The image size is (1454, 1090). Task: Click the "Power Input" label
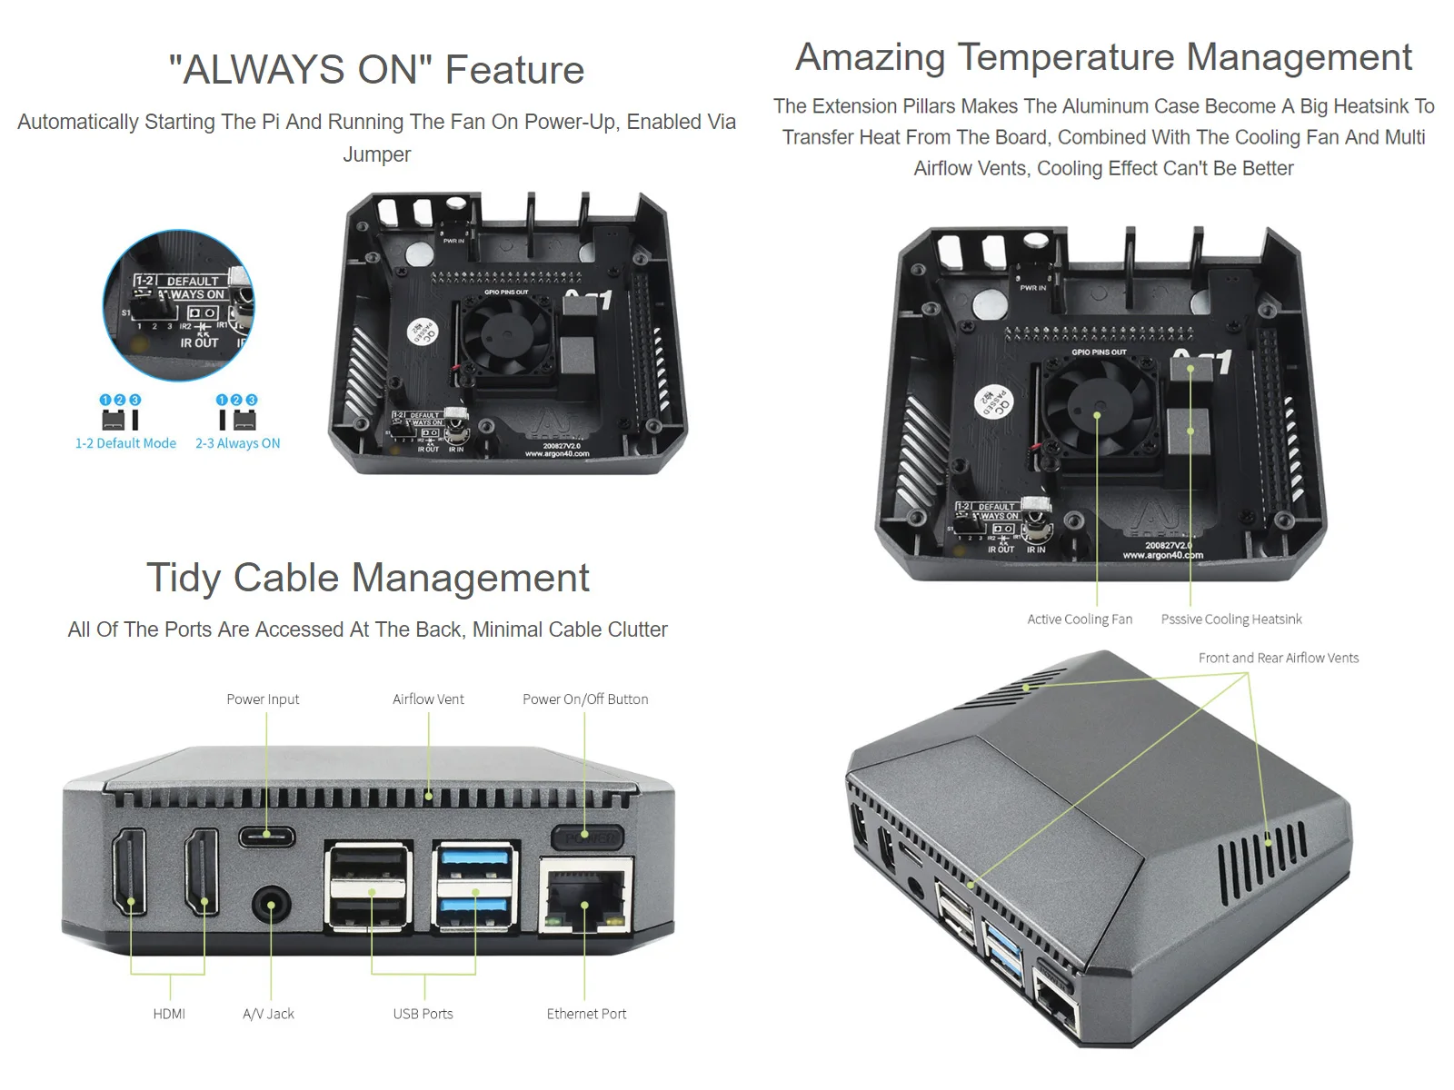[x=263, y=699]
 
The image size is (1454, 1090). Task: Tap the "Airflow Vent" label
[x=428, y=699]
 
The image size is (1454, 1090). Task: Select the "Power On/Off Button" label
[x=585, y=699]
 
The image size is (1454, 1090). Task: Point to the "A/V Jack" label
[x=268, y=1014]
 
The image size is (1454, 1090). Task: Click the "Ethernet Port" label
[x=586, y=1014]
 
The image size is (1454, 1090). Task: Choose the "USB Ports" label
[x=423, y=1014]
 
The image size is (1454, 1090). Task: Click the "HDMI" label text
[x=169, y=1014]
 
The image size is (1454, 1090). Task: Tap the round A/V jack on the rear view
[x=270, y=906]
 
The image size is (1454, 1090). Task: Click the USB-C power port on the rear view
[x=266, y=836]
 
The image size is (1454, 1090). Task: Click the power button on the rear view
[x=586, y=837]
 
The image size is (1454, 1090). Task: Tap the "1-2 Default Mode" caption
[x=125, y=443]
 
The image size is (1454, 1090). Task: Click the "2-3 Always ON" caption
[x=237, y=443]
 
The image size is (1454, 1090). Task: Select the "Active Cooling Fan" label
[x=1080, y=619]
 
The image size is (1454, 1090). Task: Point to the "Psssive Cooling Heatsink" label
[x=1231, y=619]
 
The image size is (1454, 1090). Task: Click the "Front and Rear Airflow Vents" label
[x=1279, y=658]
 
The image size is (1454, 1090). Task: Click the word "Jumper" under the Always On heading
[x=376, y=154]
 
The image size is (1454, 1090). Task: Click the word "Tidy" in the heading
[x=184, y=578]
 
